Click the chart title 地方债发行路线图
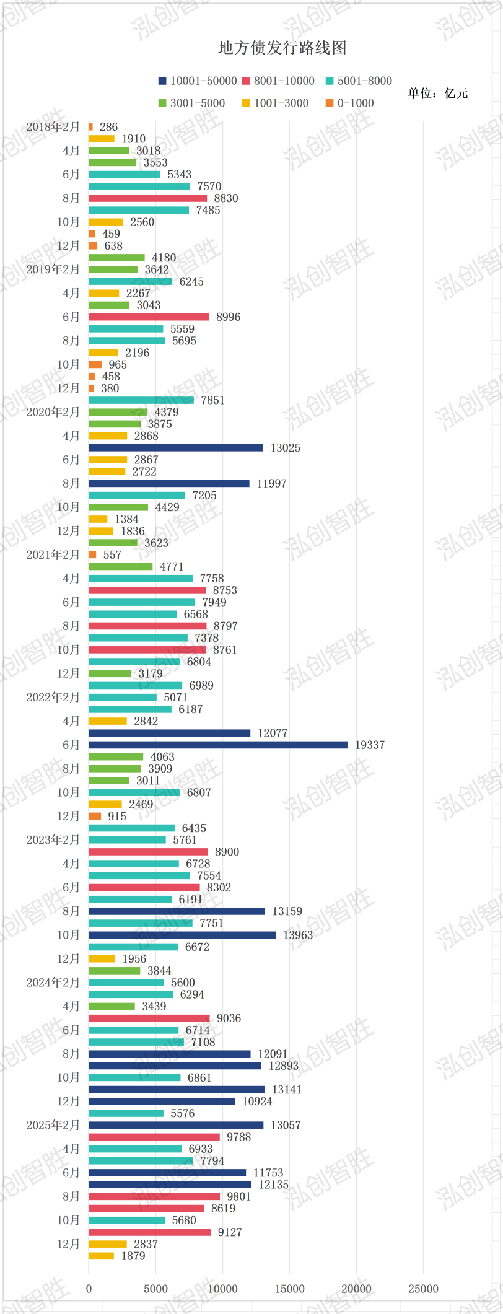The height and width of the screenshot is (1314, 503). [x=282, y=48]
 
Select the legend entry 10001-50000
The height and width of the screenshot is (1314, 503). [x=198, y=81]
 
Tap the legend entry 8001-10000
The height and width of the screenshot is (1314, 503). [x=278, y=81]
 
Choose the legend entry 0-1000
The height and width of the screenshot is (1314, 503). [x=349, y=103]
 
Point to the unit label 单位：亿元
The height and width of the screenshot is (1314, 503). [x=438, y=94]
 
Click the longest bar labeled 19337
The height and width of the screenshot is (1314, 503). [x=218, y=745]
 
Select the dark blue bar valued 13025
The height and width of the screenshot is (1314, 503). [x=176, y=447]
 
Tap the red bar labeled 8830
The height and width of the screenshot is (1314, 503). [x=148, y=198]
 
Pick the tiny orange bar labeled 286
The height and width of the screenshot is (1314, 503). [x=91, y=127]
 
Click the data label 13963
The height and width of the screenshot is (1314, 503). [x=298, y=935]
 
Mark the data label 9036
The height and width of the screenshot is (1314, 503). [x=229, y=1018]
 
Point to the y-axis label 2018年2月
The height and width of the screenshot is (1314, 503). [x=53, y=127]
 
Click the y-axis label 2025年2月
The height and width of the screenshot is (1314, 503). [x=53, y=1125]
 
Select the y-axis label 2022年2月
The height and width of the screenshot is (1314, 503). [x=53, y=698]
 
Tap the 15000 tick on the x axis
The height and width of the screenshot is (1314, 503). [x=290, y=1289]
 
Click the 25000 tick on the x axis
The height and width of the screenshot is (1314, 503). [x=423, y=1289]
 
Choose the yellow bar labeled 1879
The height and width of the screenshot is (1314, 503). [x=102, y=1256]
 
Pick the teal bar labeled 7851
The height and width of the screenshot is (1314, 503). [x=141, y=400]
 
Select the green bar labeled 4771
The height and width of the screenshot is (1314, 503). [x=121, y=566]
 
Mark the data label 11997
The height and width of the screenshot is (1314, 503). [x=272, y=483]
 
